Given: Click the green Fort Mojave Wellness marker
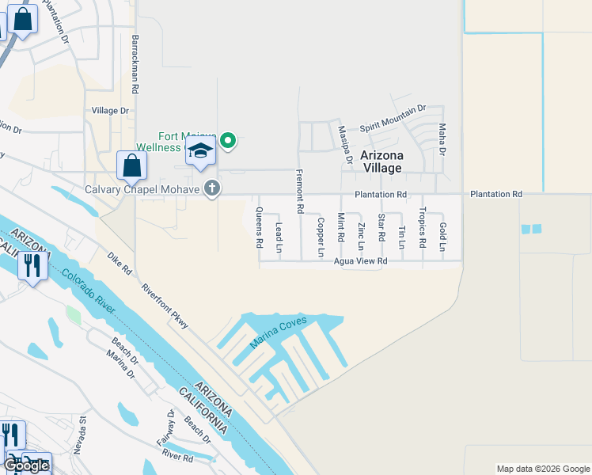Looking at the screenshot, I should (228, 141).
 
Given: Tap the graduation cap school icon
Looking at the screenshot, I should (201, 152).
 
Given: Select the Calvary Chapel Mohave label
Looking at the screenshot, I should (142, 189).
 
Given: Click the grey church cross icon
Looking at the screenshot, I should (211, 188).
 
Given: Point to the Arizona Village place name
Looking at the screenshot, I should (382, 161).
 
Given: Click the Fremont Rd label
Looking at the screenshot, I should (300, 192).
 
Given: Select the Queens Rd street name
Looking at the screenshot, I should (259, 227).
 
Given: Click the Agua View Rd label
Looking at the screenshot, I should (361, 260).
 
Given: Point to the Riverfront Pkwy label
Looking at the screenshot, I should (165, 306).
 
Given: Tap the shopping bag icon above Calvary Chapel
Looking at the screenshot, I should (131, 166).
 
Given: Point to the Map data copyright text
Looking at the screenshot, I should (542, 469).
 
